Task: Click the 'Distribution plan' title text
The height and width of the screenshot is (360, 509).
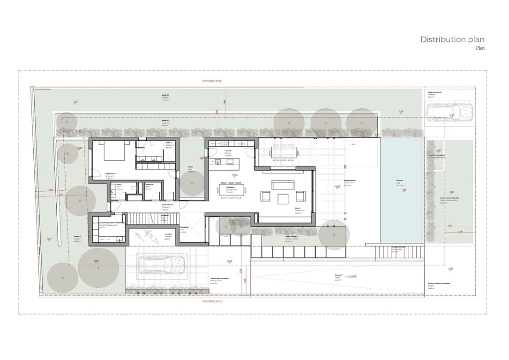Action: [x=452, y=39]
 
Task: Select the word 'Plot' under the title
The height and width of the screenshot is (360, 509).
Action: [x=480, y=48]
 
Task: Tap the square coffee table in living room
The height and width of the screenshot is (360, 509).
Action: [x=283, y=199]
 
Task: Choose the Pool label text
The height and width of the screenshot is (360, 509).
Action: [x=400, y=181]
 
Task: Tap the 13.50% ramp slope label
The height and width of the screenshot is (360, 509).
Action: [x=351, y=277]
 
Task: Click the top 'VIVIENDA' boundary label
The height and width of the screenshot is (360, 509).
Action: [x=211, y=81]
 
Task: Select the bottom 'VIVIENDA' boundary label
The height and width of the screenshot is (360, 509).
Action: [x=211, y=302]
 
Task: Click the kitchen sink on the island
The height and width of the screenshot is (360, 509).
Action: [x=217, y=162]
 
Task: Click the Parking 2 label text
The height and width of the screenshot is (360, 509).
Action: [x=434, y=94]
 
